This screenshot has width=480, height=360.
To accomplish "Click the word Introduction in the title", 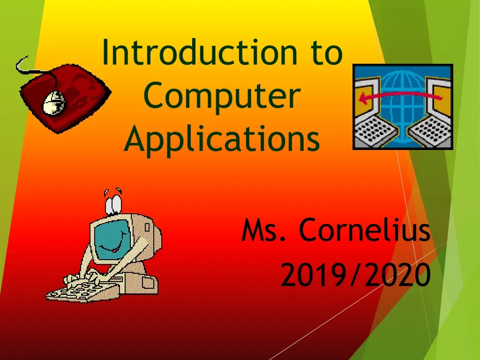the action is (200, 52).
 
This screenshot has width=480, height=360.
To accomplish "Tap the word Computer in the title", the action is (221, 96).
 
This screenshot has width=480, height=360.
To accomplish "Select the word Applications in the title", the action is (222, 140).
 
